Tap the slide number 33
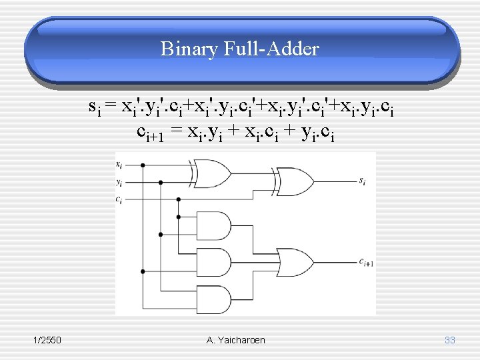tap(449, 340)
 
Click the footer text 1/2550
tap(47, 340)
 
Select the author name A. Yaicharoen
tap(236, 340)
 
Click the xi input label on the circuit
tap(119, 163)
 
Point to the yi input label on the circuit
tap(119, 181)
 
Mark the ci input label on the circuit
tap(119, 199)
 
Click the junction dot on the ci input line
tap(179, 199)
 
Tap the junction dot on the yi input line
tap(161, 181)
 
